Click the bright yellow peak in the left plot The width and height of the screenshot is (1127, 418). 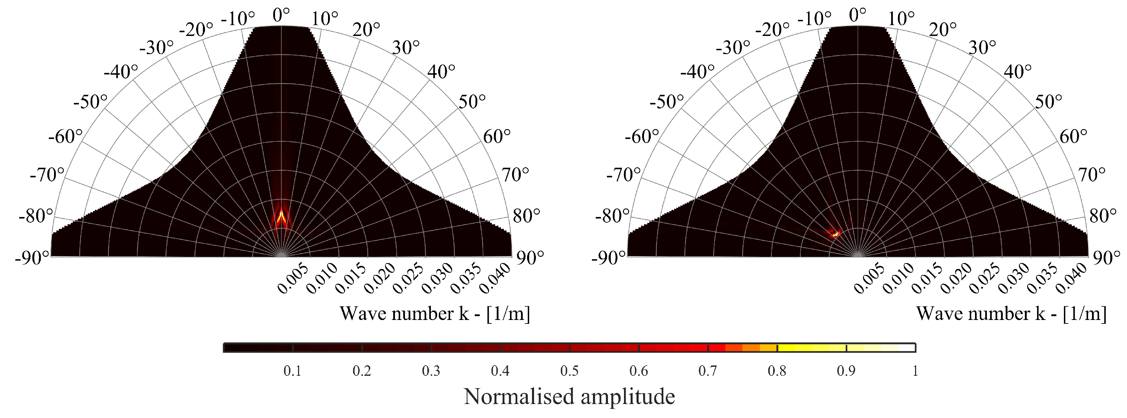pyautogui.click(x=281, y=215)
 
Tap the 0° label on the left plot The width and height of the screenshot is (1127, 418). pyautogui.click(x=281, y=15)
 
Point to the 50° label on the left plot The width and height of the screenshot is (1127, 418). pyautogui.click(x=472, y=102)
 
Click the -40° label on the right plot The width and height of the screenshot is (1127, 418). pyautogui.click(x=697, y=71)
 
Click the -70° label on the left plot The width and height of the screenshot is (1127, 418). pyautogui.click(x=47, y=175)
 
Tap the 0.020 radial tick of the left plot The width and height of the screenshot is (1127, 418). pyautogui.click(x=379, y=279)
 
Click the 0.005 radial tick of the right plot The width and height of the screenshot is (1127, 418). pyautogui.click(x=869, y=279)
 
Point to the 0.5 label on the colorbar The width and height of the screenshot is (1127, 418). pyautogui.click(x=569, y=371)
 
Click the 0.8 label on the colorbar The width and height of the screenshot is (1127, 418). pyautogui.click(x=777, y=371)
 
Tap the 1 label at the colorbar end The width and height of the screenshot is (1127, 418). pyautogui.click(x=915, y=371)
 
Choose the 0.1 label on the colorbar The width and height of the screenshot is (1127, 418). pyautogui.click(x=292, y=371)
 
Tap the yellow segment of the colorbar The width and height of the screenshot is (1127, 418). pyautogui.click(x=809, y=348)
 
